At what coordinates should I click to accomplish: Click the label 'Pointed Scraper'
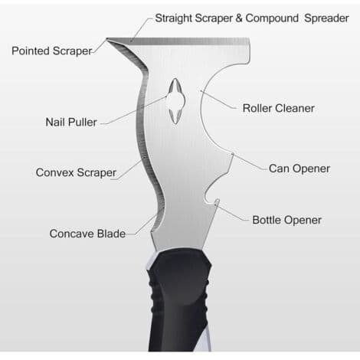(52, 51)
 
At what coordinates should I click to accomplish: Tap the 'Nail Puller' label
(71, 122)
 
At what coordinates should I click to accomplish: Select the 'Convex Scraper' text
(76, 172)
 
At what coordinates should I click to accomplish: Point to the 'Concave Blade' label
(87, 234)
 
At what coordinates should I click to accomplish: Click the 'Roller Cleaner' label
(278, 108)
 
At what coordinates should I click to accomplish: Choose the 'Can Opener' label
(299, 169)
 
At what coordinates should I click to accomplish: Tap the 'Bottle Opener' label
(286, 220)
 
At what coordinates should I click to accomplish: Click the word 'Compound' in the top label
(272, 18)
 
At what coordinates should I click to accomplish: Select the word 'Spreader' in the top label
(326, 18)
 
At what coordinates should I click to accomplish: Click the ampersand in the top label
(239, 18)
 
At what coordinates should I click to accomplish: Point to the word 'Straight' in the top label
(174, 18)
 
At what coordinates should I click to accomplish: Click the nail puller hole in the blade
(175, 101)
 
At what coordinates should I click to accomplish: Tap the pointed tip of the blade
(106, 39)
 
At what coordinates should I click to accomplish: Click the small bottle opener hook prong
(217, 201)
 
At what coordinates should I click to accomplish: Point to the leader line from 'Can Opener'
(249, 162)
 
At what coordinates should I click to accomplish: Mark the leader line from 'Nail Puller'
(133, 111)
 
